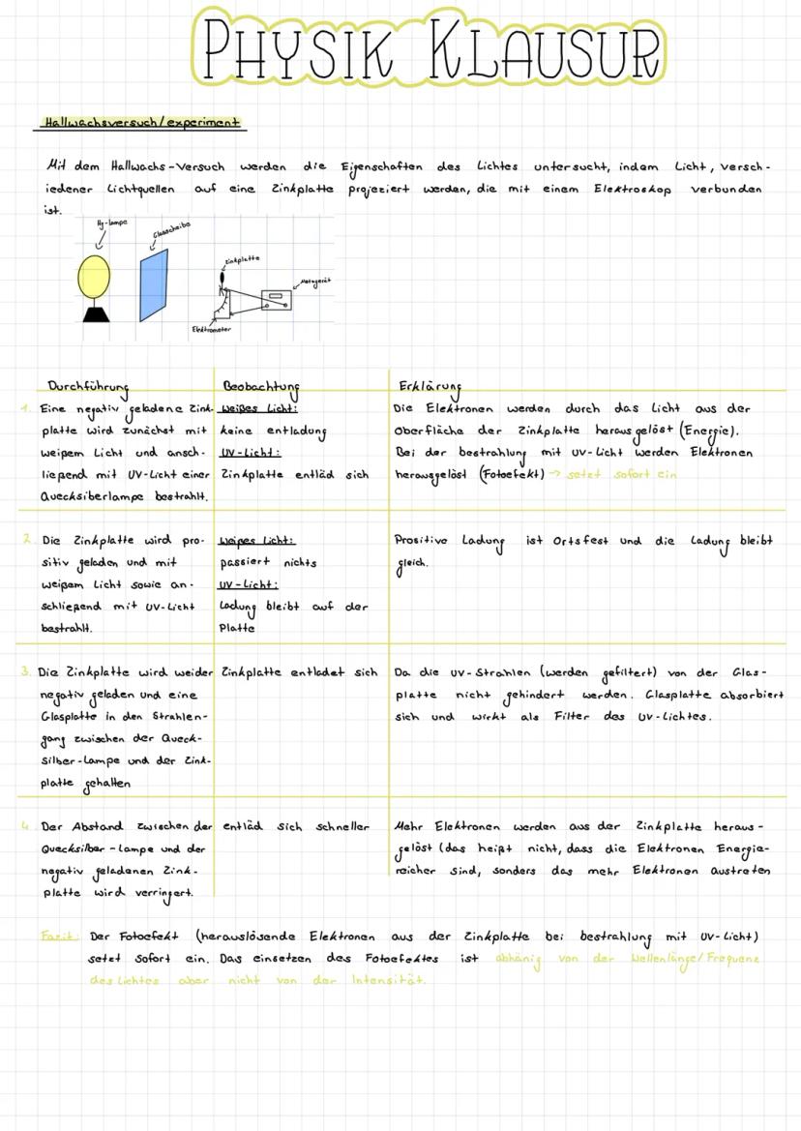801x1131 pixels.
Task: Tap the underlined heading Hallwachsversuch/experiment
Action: [140, 123]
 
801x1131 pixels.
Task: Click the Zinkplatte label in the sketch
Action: [242, 259]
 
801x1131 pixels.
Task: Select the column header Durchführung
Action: [88, 386]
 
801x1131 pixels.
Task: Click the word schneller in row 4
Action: [342, 827]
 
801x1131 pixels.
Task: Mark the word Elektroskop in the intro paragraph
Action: [633, 189]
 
